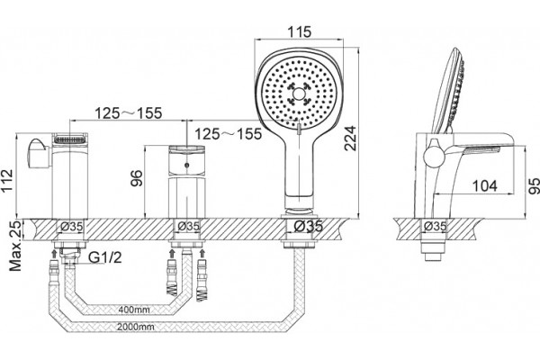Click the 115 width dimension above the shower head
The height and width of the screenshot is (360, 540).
[300, 31]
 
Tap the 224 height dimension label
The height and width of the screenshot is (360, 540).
[351, 138]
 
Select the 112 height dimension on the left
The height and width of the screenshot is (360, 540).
[6, 182]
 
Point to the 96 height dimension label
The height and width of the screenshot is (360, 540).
[137, 178]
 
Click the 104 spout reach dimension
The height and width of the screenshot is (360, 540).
[484, 186]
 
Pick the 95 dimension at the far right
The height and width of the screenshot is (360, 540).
[534, 186]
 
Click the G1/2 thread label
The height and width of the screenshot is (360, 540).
[105, 257]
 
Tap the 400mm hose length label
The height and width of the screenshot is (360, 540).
[134, 310]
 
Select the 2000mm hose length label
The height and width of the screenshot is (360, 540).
[135, 327]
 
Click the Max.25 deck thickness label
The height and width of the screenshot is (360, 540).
[14, 246]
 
